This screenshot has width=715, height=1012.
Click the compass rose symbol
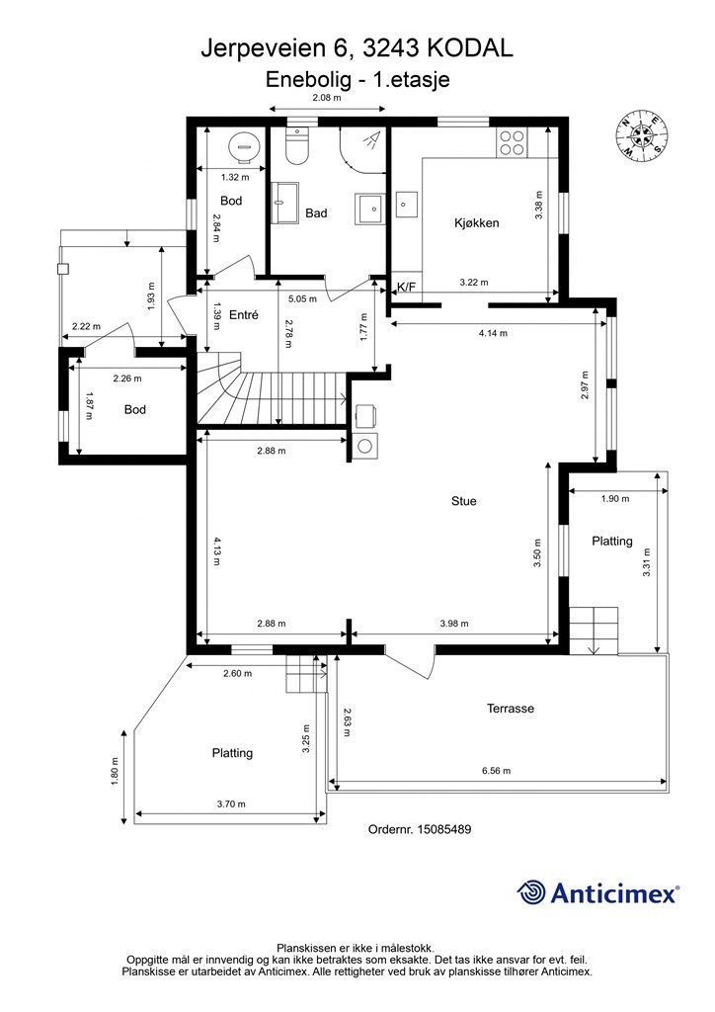641,135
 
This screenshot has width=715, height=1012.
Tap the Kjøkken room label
476,223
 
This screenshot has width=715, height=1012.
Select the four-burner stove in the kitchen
512,142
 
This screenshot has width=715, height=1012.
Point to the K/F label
406,288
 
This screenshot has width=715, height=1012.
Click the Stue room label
463,501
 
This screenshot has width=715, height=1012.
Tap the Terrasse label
510,708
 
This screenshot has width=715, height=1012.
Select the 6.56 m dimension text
496,771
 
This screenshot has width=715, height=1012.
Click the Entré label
244,315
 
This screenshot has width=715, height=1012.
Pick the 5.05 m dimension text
302,298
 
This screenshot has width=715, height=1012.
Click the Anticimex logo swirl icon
530,892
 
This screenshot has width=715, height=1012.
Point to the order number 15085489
444,829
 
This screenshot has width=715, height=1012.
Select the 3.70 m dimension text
231,804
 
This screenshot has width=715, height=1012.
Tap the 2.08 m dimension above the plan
326,98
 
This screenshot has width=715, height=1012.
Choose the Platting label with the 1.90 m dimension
612,541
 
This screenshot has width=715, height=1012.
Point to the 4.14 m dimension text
493,333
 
